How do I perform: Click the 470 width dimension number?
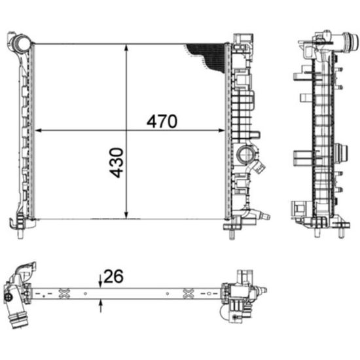162,121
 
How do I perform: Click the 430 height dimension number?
117,163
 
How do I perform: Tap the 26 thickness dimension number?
114,276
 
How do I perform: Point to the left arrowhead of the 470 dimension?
38,131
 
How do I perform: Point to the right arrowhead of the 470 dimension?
221,131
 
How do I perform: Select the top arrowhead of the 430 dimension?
126,47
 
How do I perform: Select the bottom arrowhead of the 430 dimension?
126,215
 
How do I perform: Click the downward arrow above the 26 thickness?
100,281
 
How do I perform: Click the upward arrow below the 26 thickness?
100,306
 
